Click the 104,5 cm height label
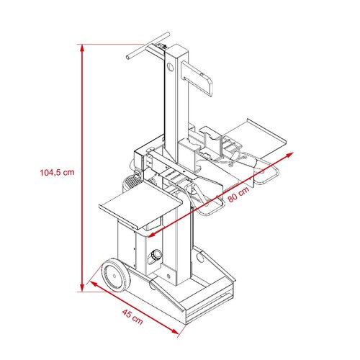click(x=57, y=172)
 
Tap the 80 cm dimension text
click(x=238, y=194)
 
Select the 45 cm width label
click(x=132, y=317)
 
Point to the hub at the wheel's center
click(x=114, y=276)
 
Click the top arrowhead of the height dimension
click(x=82, y=48)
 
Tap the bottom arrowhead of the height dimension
click(x=82, y=288)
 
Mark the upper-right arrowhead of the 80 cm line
click(x=290, y=154)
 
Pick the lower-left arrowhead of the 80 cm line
click(x=151, y=235)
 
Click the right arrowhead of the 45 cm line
click(x=175, y=332)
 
